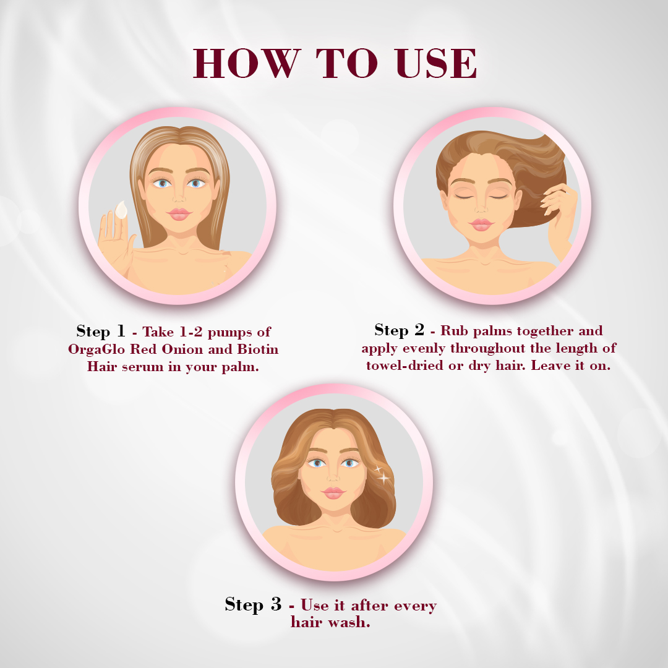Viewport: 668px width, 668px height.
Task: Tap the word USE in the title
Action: point(435,63)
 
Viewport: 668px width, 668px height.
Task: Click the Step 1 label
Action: point(101,332)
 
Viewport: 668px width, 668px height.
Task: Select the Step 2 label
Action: point(399,330)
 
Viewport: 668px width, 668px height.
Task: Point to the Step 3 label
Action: point(253,604)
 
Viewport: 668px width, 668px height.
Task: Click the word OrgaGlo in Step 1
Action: point(96,349)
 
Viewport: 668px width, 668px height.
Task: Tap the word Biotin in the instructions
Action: point(258,349)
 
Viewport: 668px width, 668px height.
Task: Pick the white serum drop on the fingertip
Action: point(121,210)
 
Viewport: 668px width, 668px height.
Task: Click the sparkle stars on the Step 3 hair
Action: point(382,474)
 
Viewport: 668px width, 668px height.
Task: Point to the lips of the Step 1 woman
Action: point(179,214)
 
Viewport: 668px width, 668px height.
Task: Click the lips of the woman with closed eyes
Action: point(481,225)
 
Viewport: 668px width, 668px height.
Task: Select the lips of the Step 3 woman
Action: point(333,493)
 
